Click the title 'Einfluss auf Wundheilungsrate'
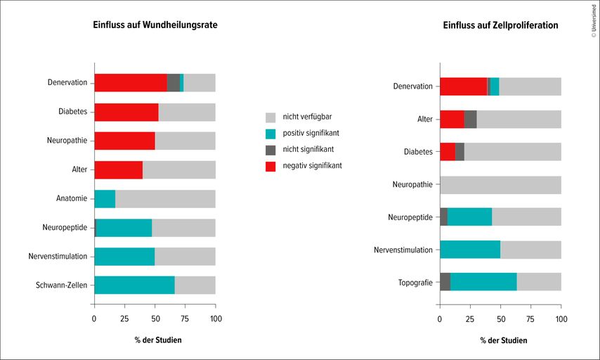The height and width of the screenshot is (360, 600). pos(155,25)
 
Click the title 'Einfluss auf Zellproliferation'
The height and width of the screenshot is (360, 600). pos(500,25)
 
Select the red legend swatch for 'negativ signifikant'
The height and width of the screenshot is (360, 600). pos(270,166)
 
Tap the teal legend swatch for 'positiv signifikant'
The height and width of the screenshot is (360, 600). pos(270,134)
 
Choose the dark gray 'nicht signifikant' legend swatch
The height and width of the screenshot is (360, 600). pos(270,150)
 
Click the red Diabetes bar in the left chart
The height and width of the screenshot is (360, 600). pos(126,112)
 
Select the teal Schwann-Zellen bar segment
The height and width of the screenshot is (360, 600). pos(134,285)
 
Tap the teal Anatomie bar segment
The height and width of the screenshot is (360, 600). pos(105,198)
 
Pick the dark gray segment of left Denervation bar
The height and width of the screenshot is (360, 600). pos(174,82)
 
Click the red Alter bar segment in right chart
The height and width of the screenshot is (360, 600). pos(452,119)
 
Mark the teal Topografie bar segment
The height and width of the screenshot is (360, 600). pos(483,281)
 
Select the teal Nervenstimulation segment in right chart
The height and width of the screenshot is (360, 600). pos(470,249)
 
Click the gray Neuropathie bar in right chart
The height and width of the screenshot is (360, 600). pos(500,184)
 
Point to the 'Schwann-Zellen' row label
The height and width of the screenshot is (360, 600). pos(61,285)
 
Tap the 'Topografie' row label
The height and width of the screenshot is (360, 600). pos(415,281)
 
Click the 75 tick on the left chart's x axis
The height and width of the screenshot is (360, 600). pos(185,318)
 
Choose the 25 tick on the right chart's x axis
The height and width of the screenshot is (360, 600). pos(470,318)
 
